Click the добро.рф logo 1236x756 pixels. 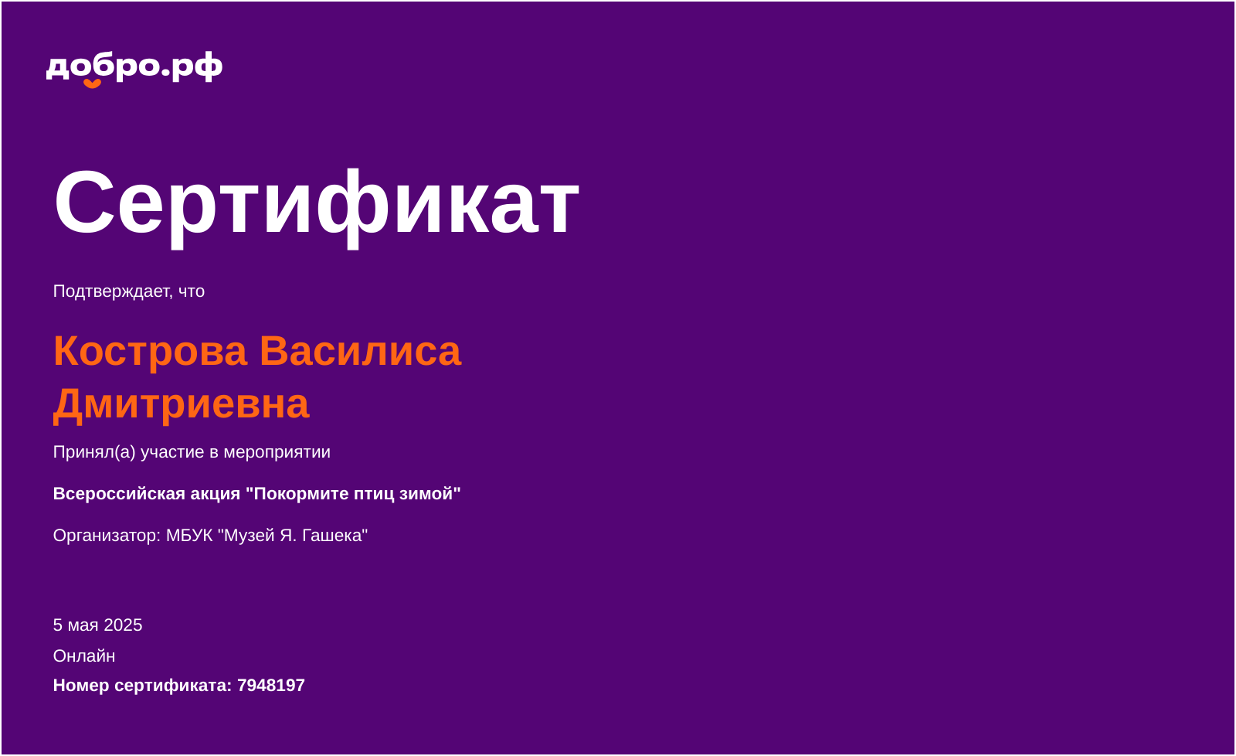pos(134,67)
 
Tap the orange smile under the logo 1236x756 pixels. pos(93,83)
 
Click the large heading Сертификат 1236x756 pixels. pos(316,203)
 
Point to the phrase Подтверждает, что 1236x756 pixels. pos(129,291)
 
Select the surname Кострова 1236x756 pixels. pos(150,351)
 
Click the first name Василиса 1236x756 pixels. pos(360,351)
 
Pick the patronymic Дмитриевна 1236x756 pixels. pos(182,404)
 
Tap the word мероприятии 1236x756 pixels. pos(277,452)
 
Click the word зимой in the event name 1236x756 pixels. pos(430,494)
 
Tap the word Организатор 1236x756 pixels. pos(106,536)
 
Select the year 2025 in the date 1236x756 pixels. pos(123,625)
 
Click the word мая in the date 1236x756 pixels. pos(83,625)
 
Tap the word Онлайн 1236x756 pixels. pos(84,656)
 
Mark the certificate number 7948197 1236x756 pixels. pos(271,686)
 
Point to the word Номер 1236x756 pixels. pos(81,686)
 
